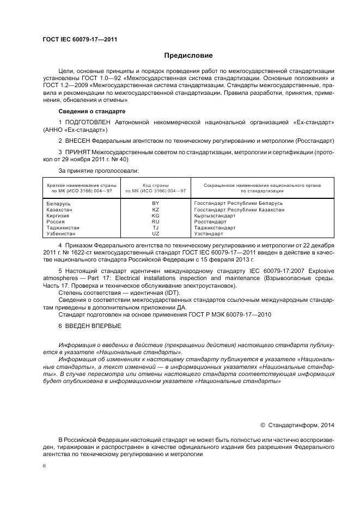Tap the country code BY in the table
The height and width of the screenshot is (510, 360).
pos(156,203)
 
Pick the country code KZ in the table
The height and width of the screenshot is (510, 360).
pos(156,209)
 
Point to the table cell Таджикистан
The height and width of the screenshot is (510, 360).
pos(64,228)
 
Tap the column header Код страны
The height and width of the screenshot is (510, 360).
pos(155,185)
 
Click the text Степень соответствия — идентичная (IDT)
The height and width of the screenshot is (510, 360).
pos(119,293)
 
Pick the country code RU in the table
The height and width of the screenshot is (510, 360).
pos(156,222)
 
